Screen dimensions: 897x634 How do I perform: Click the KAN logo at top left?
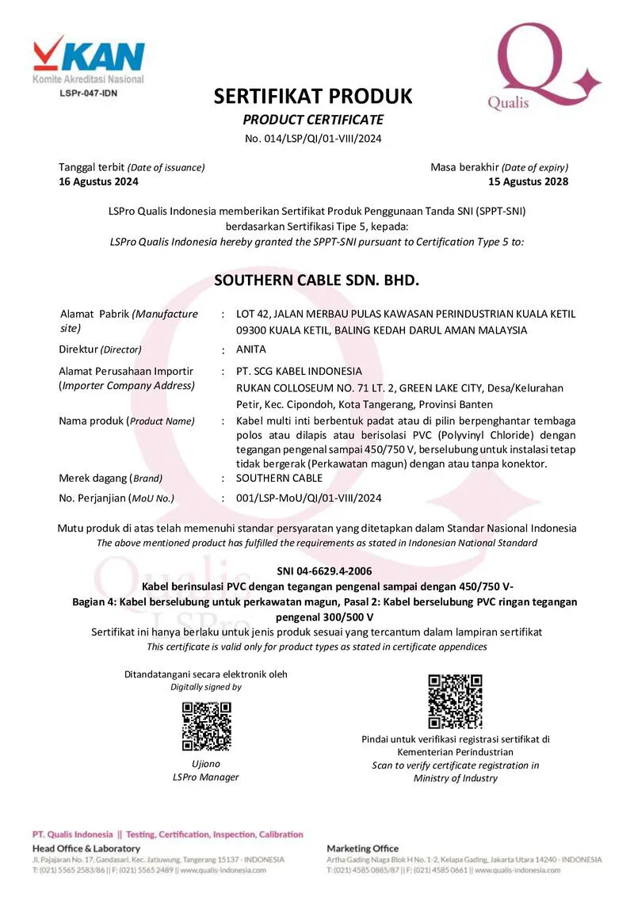(89, 57)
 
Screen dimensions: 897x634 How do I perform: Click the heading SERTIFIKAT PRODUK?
(313, 97)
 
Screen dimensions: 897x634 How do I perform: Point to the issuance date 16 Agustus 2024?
(98, 181)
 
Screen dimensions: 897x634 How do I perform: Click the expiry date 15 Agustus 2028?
(529, 181)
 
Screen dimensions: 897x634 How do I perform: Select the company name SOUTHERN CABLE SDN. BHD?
(316, 281)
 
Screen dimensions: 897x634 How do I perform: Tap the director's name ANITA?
(251, 349)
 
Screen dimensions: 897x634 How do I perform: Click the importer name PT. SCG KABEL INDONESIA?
(299, 371)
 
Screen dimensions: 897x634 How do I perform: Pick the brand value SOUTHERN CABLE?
(279, 478)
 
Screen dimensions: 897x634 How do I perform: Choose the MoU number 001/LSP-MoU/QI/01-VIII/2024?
(309, 498)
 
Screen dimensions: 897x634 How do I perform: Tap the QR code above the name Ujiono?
(206, 726)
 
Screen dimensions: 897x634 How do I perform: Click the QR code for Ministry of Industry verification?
(455, 700)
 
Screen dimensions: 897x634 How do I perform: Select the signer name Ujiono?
(206, 764)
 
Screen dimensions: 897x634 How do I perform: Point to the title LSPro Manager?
(205, 777)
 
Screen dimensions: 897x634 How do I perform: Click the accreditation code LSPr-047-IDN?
(89, 94)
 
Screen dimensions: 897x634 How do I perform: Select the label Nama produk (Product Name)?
(126, 421)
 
